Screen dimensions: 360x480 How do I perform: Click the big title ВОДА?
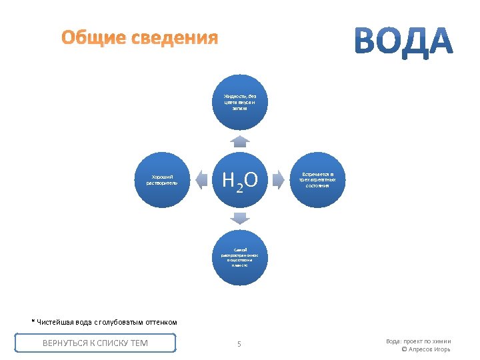(x=403, y=41)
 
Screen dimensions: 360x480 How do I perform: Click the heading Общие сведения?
(x=139, y=38)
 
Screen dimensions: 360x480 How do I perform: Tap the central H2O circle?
(x=240, y=180)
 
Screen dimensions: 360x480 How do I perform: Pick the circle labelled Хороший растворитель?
(x=162, y=179)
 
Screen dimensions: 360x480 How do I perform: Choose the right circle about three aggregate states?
(x=318, y=179)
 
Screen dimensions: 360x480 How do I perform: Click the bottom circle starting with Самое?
(x=240, y=257)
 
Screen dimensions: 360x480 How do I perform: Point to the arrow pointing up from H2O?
(x=240, y=141)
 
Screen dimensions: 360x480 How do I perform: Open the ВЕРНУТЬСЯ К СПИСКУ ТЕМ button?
(x=95, y=343)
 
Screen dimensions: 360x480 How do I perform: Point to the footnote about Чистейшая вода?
(x=105, y=322)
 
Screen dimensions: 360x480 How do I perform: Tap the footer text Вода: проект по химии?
(x=418, y=341)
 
